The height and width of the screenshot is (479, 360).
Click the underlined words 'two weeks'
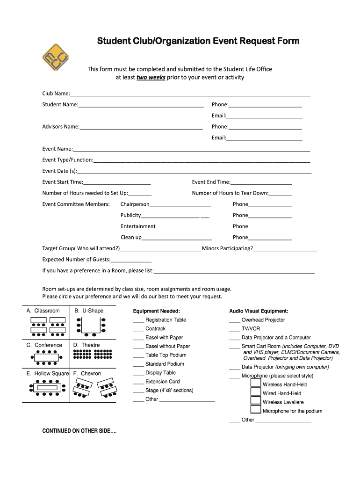click(x=151, y=78)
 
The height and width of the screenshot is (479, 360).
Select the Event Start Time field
click(x=117, y=182)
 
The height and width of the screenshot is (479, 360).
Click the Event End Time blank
click(x=261, y=182)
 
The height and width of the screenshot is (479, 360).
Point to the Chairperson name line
click(x=180, y=204)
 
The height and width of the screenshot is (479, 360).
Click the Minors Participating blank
click(x=285, y=249)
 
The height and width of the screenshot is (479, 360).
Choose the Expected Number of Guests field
click(x=131, y=260)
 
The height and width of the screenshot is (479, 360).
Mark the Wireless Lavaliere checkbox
click(x=256, y=400)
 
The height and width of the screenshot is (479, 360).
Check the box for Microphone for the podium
click(x=256, y=410)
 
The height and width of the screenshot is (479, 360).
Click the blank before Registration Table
click(x=138, y=320)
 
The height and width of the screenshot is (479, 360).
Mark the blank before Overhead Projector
click(x=235, y=320)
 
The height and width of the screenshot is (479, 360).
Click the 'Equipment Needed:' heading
click(x=156, y=311)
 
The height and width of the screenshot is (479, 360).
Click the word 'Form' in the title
click(x=287, y=41)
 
